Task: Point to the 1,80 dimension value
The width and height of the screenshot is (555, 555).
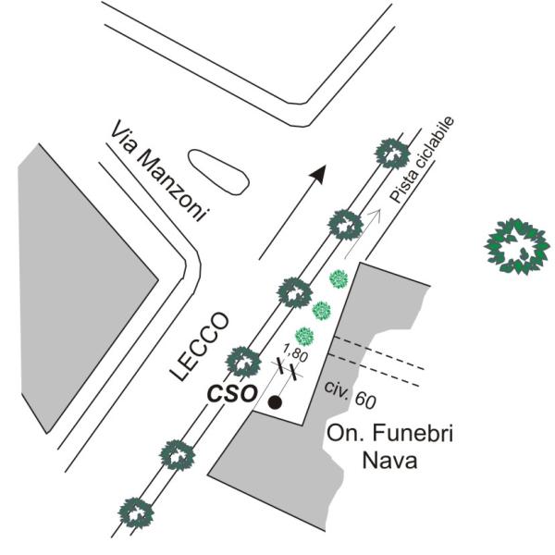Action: pos(295,354)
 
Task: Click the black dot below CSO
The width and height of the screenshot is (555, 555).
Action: pos(275,402)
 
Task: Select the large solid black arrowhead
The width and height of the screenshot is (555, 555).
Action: pos(317,173)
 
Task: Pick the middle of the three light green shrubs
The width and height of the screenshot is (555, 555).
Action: pos(322,310)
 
